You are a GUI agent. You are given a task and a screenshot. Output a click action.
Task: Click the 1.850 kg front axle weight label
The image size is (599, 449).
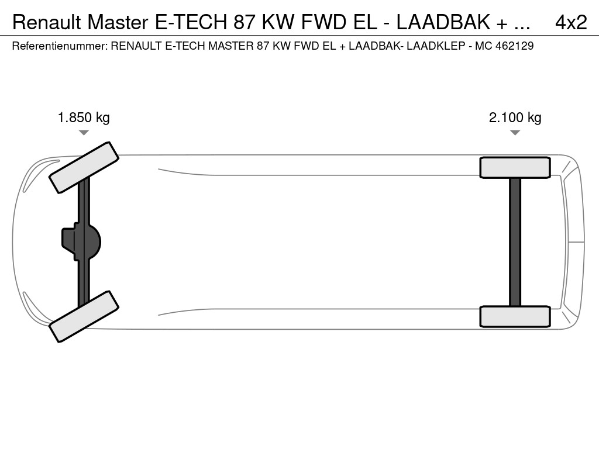(x=84, y=117)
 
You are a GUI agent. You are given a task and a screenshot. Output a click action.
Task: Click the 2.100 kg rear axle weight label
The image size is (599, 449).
(x=515, y=117)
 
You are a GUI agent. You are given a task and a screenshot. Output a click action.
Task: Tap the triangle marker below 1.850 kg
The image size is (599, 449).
(x=84, y=133)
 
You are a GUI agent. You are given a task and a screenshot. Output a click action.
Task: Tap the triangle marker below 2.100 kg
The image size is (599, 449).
(x=515, y=133)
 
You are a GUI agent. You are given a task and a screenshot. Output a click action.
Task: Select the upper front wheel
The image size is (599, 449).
(x=84, y=167)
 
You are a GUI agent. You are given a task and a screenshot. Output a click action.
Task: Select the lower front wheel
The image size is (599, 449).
(x=84, y=316)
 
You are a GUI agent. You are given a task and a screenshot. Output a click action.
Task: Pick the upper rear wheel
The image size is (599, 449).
(x=515, y=168)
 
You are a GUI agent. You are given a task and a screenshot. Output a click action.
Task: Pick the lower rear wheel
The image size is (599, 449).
(x=515, y=316)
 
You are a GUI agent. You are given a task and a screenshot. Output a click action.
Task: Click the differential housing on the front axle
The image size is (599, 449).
(x=81, y=241)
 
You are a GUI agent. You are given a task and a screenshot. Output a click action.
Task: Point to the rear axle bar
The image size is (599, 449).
(x=515, y=242)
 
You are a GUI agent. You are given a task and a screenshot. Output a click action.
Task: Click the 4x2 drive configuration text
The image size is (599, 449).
(x=571, y=23)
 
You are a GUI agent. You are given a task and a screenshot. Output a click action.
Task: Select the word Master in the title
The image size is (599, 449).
(x=118, y=23)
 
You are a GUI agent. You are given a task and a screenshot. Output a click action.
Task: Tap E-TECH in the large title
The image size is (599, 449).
(x=191, y=23)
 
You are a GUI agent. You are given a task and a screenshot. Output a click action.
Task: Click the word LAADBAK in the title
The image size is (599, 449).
(x=443, y=23)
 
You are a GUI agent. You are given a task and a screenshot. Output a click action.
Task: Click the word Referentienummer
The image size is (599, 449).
(x=60, y=46)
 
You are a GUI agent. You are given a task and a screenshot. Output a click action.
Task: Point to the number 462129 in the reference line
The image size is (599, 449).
(x=514, y=46)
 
